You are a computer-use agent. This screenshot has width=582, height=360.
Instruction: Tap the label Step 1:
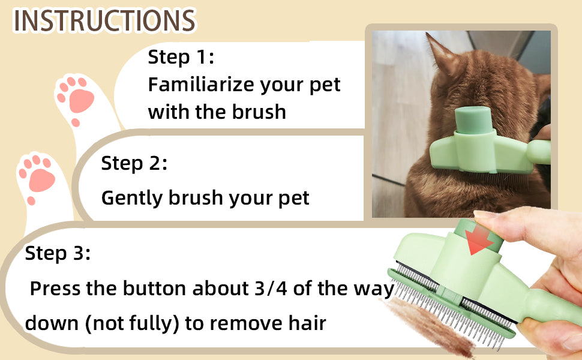(181, 57)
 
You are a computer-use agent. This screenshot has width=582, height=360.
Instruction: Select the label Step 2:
(134, 163)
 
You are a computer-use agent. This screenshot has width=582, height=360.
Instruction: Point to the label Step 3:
(58, 253)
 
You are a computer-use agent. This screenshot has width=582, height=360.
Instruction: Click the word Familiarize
(201, 85)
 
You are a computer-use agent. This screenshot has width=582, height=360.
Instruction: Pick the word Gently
(132, 198)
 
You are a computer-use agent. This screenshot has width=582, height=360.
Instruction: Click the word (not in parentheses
(106, 323)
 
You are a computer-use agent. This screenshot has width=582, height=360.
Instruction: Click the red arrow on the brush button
(478, 240)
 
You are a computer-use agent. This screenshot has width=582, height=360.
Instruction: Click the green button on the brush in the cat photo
(473, 119)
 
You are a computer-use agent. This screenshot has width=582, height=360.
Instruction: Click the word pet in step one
(325, 85)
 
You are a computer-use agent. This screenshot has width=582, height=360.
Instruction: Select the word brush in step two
(195, 197)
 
